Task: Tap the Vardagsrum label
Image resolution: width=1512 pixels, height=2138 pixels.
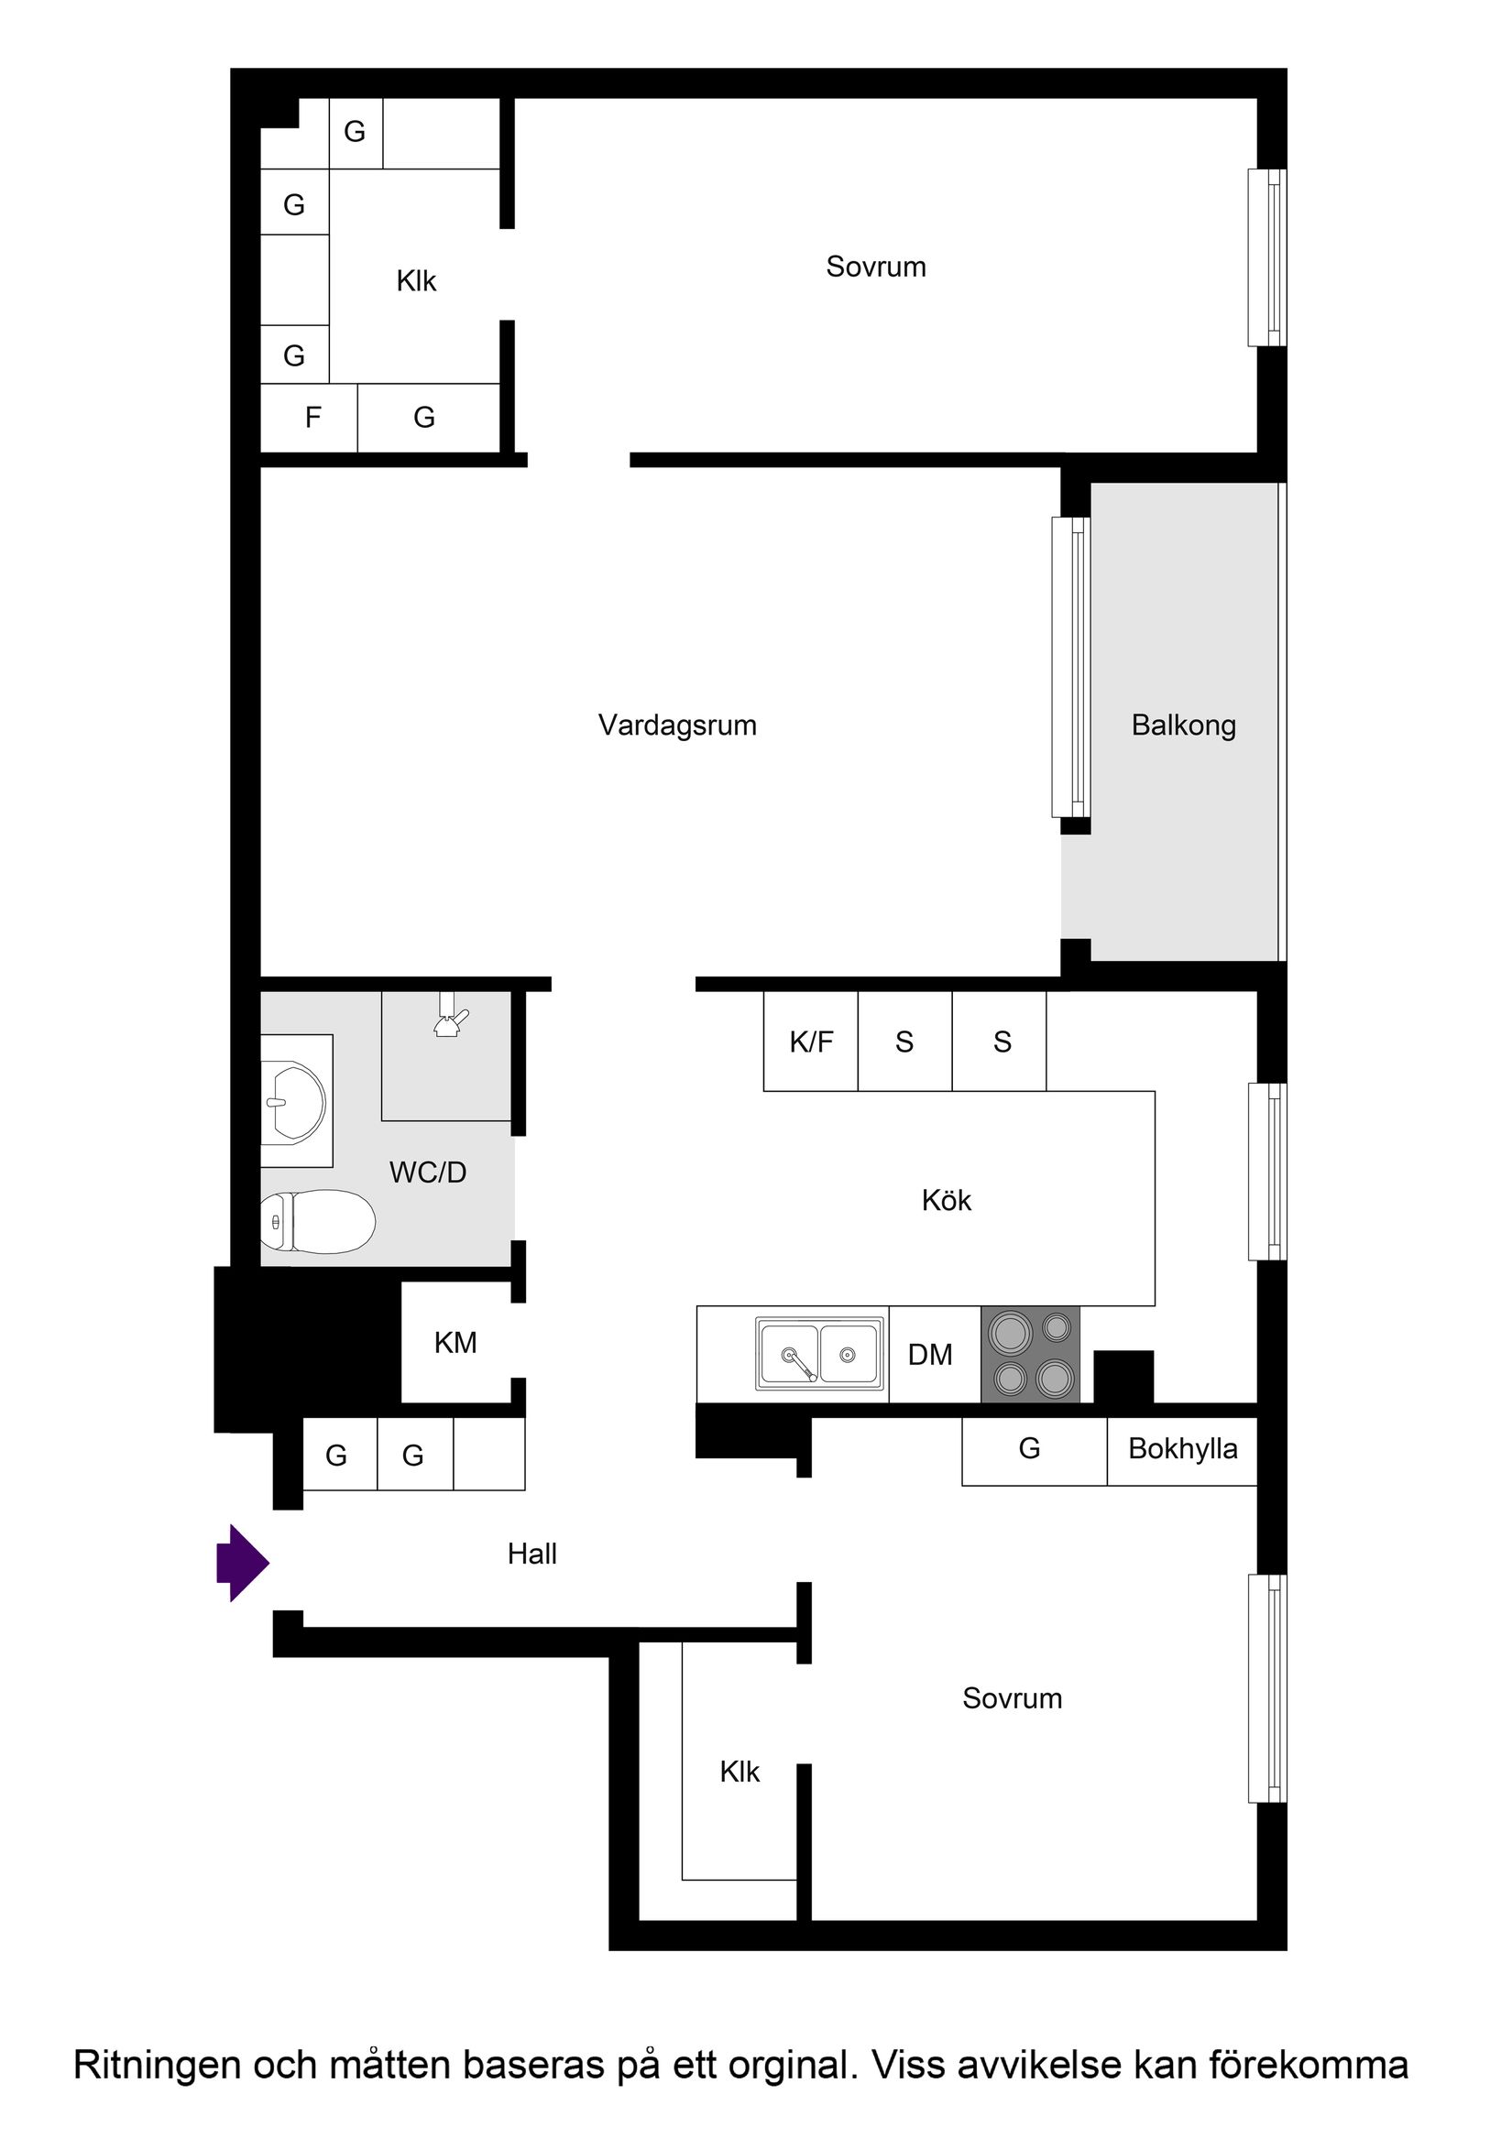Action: [x=677, y=725]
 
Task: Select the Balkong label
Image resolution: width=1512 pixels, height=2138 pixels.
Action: [x=1183, y=725]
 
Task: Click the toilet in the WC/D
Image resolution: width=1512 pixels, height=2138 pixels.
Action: [x=318, y=1222]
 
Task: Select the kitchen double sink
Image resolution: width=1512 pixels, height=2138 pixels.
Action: [x=820, y=1353]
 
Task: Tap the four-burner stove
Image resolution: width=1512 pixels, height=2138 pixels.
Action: [x=1030, y=1354]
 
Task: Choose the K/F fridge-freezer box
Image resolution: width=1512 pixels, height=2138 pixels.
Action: [x=810, y=1042]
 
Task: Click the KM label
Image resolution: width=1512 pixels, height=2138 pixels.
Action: [x=455, y=1343]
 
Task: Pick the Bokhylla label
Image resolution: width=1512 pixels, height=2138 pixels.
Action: [x=1182, y=1449]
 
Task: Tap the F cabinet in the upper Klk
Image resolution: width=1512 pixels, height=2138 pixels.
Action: [x=313, y=418]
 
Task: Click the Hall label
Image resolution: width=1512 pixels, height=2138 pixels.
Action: [x=531, y=1554]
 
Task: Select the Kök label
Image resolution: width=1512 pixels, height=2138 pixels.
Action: [x=946, y=1200]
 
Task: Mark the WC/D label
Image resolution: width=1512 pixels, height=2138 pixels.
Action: [x=428, y=1173]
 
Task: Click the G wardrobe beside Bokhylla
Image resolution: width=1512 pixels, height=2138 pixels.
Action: [x=1029, y=1449]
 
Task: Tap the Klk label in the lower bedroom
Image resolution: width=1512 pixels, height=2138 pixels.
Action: [x=740, y=1772]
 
